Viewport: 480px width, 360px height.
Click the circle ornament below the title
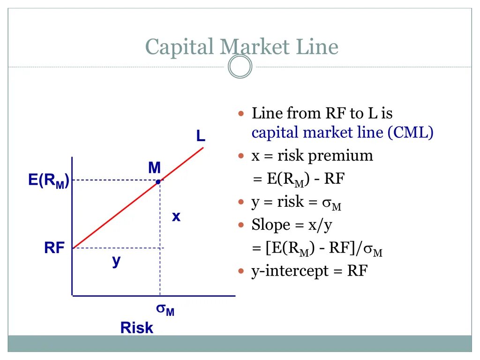point(240,67)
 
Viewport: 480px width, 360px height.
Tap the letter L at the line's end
point(201,136)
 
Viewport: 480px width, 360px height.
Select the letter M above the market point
point(155,167)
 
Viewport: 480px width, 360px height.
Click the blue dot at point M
point(159,181)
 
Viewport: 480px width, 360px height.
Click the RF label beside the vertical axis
point(54,248)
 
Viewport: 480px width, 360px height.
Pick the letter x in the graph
point(176,217)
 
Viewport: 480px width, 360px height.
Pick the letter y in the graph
point(116,262)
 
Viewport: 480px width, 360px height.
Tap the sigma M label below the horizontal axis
point(165,309)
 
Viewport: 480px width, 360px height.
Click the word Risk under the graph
point(136,328)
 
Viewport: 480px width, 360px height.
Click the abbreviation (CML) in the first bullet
point(410,133)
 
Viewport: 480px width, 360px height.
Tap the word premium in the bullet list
point(341,156)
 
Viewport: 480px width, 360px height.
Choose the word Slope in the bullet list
point(271,225)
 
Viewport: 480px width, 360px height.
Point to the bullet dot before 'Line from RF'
point(242,114)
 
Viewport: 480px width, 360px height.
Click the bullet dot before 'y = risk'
point(242,202)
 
